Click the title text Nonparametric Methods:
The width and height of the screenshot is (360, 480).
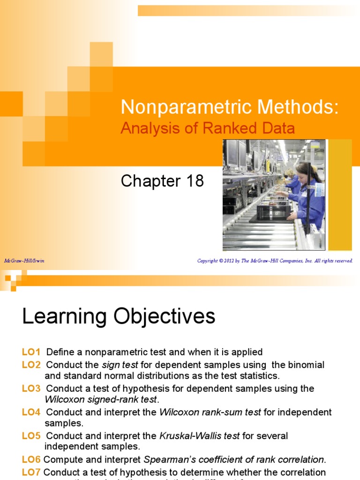[229, 107]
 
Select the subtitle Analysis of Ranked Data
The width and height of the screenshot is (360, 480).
[208, 128]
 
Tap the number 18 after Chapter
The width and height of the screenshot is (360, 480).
[194, 181]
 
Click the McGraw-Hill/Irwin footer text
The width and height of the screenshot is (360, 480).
[24, 261]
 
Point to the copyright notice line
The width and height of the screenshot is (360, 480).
[275, 261]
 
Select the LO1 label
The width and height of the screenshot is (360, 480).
[31, 352]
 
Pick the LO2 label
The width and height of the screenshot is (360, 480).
[31, 365]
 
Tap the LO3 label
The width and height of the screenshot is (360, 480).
[31, 389]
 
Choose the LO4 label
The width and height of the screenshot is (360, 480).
[31, 412]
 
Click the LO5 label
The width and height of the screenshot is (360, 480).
[31, 436]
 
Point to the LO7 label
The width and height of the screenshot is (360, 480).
[31, 472]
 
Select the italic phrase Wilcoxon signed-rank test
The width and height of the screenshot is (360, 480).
[102, 400]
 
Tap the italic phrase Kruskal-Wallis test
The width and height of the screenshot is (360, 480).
[200, 436]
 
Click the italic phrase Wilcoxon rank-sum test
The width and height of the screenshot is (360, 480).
[210, 412]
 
